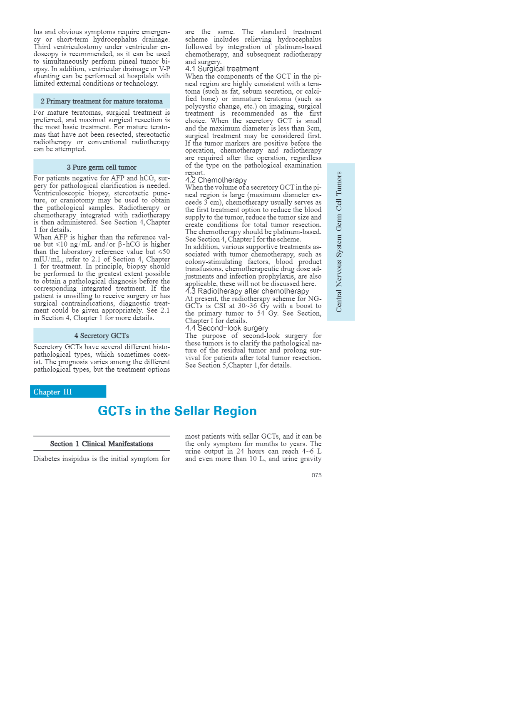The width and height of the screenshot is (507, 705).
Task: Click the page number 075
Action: coord(316,475)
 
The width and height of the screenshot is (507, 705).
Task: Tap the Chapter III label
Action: coord(52,392)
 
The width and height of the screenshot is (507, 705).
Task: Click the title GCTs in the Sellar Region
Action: coord(177,411)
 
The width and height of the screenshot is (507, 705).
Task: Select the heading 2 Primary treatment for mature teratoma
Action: coord(102,101)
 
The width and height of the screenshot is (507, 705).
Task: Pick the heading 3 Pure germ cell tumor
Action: coord(102,167)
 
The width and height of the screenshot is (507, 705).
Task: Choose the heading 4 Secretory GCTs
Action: coord(102,335)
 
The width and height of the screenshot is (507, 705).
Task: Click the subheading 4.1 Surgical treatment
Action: coord(222,69)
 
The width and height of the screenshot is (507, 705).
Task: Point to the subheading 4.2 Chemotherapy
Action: coord(216,180)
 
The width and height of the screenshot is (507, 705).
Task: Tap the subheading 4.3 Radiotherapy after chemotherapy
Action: coord(247,291)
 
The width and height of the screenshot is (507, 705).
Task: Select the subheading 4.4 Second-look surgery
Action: coord(227,328)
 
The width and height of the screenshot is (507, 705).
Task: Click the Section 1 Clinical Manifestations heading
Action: coord(102,444)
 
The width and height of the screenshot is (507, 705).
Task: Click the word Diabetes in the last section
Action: coord(47,459)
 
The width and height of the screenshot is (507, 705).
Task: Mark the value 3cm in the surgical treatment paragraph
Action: coord(314,128)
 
